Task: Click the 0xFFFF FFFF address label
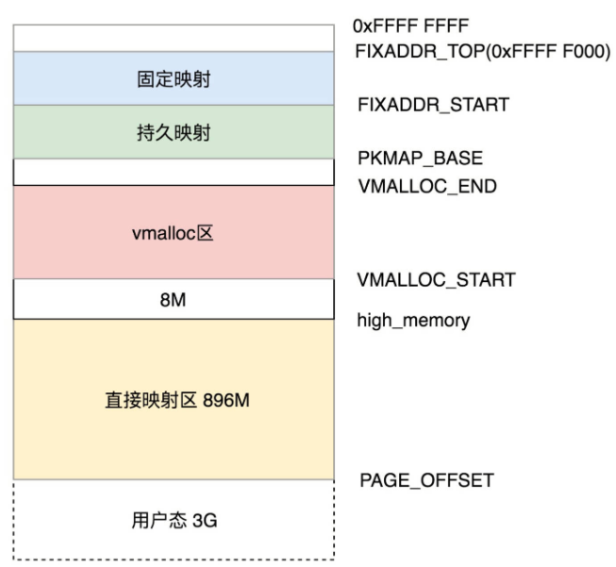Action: (x=411, y=25)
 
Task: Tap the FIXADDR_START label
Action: (x=433, y=105)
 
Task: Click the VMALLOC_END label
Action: (x=426, y=186)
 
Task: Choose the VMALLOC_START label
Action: (x=436, y=279)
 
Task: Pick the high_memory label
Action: (x=413, y=320)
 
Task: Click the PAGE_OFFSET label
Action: (x=426, y=481)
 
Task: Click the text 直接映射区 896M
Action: (x=176, y=400)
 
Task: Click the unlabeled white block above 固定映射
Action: (x=174, y=38)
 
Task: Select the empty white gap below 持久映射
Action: (x=174, y=172)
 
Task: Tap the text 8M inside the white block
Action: (x=174, y=299)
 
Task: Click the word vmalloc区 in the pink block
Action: (x=174, y=233)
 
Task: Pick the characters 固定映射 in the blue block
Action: (x=174, y=79)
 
